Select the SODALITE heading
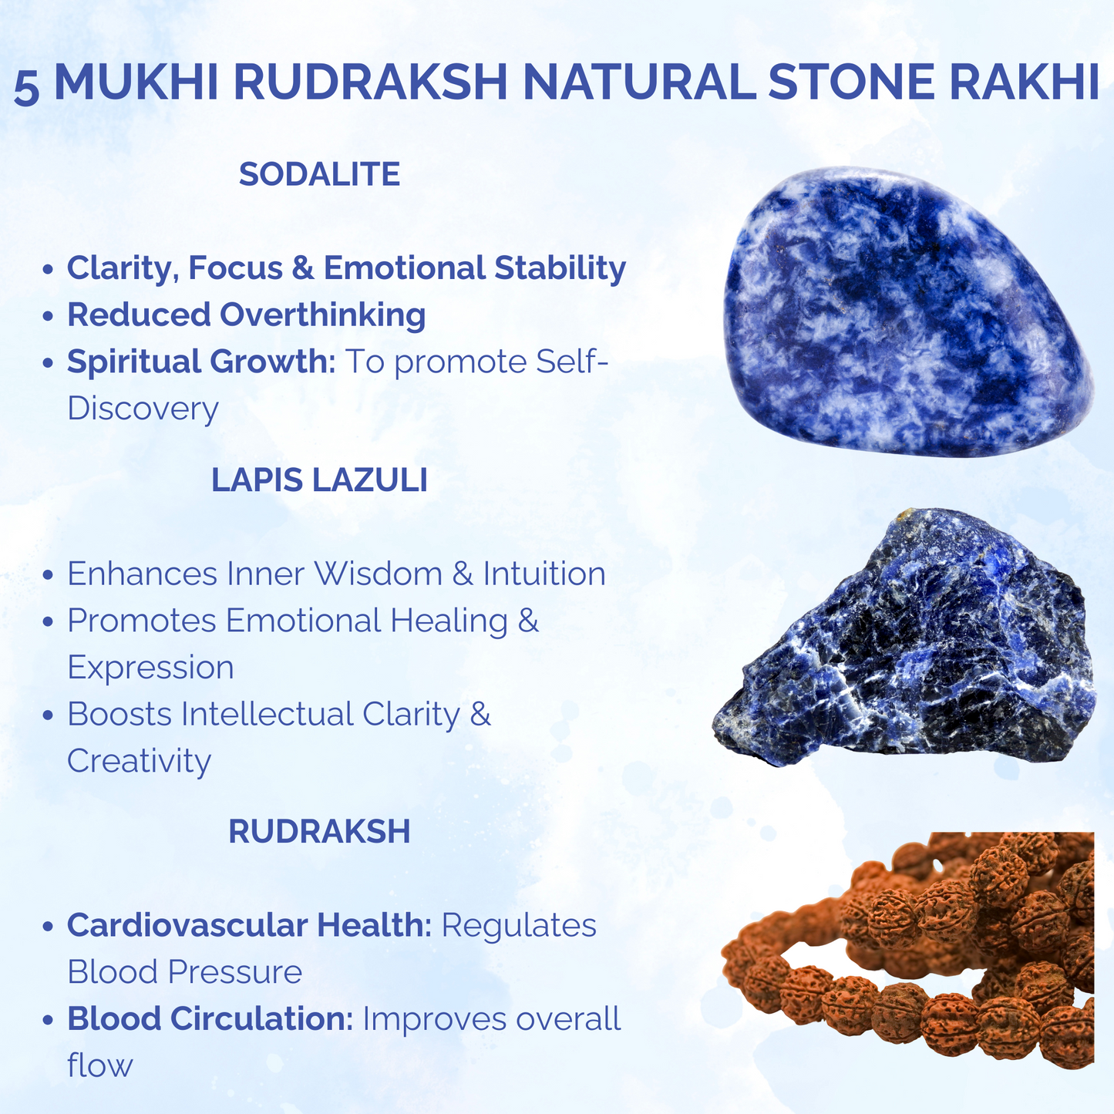click(x=319, y=174)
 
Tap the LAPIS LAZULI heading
click(x=319, y=480)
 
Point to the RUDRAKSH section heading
click(x=319, y=832)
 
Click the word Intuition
click(x=544, y=574)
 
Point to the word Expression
click(x=150, y=668)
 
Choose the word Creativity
click(x=139, y=761)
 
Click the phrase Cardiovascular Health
click(x=249, y=925)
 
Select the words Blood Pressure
click(x=184, y=972)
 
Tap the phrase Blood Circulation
click(x=210, y=1019)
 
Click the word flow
click(x=99, y=1066)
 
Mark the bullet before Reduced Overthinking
click(x=49, y=317)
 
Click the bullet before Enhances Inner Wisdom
click(x=49, y=576)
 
